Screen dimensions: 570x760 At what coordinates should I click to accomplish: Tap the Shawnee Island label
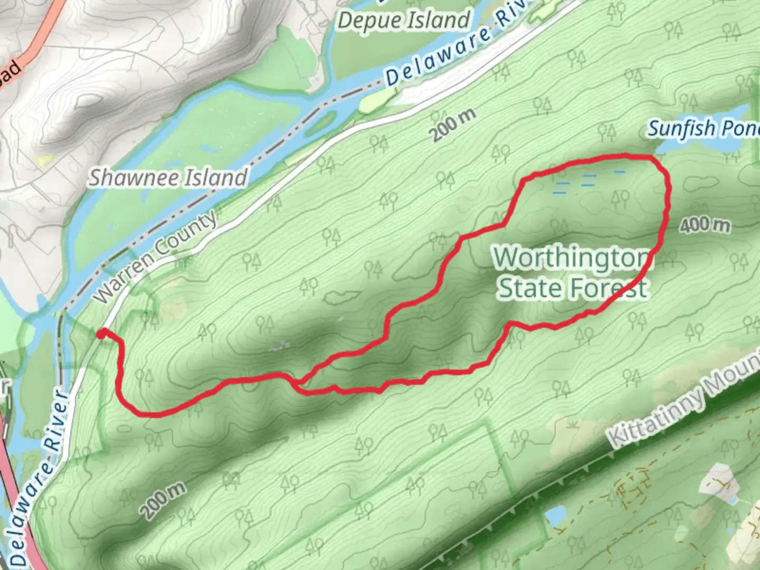(x=168, y=178)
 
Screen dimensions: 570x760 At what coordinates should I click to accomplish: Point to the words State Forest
(x=573, y=288)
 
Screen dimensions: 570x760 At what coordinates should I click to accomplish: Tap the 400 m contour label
(x=705, y=225)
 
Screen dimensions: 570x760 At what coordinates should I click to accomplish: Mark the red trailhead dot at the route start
(x=101, y=333)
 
